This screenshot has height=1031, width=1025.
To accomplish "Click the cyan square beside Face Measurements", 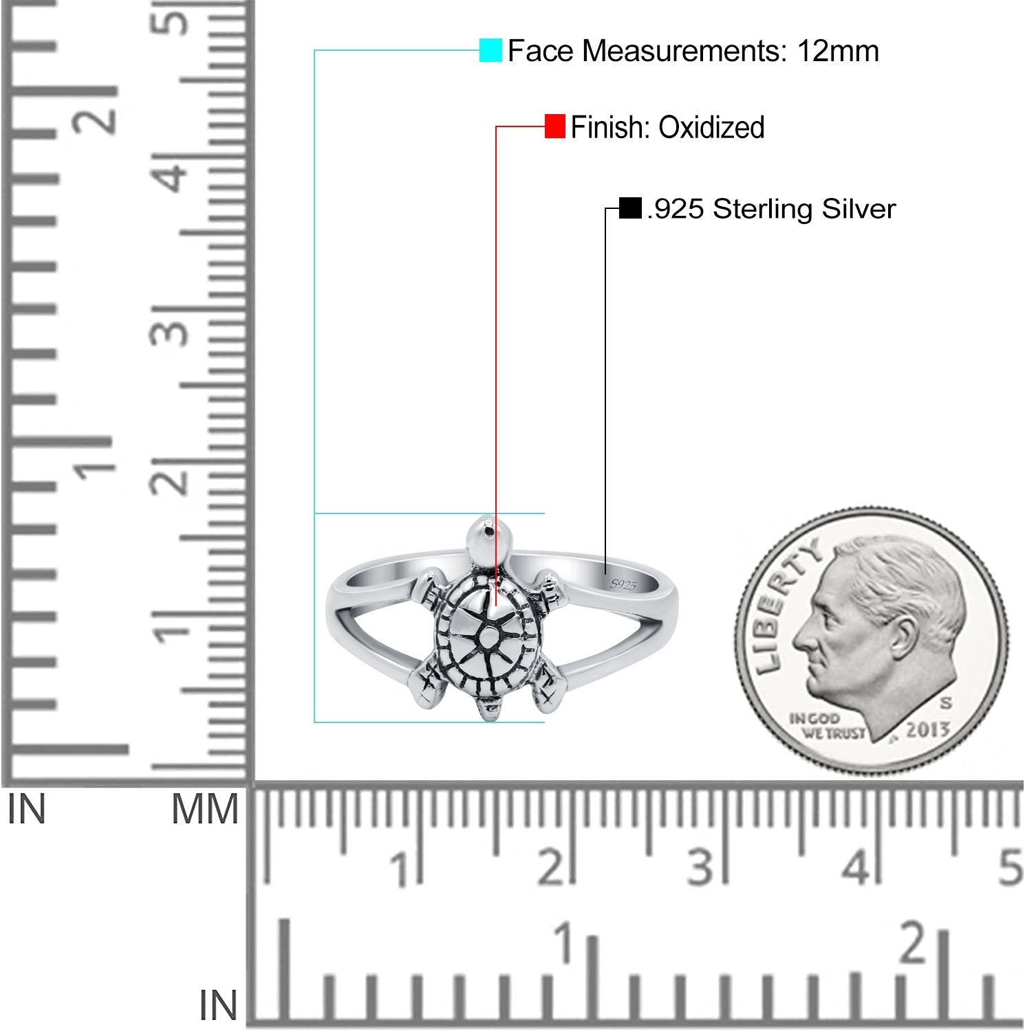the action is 490,50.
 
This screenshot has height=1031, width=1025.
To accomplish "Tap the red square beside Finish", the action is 554,126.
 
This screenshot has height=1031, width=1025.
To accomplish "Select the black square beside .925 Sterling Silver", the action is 629,208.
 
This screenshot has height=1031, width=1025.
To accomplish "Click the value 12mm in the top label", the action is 838,51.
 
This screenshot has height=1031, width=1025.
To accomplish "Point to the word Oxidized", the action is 711,127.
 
